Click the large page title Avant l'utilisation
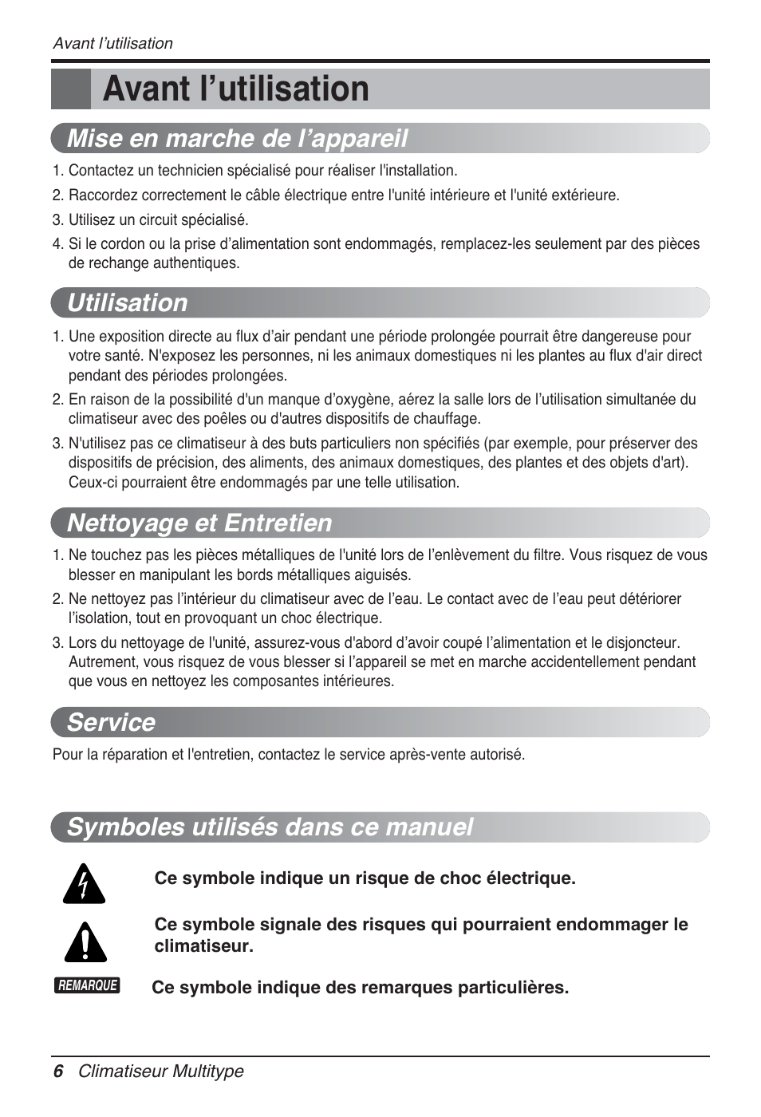pos(235,89)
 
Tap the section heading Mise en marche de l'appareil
pos(237,138)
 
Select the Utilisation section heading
pos(128,302)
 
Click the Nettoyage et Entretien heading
pos(199,523)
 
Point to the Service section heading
pos(111,722)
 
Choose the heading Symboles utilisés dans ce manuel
pos(270,827)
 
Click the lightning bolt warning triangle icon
pos(85,884)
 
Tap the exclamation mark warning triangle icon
pos(85,941)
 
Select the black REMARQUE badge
pos(88,985)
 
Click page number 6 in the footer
pos(57,1072)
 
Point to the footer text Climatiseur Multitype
pos(160,1072)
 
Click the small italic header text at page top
pos(112,44)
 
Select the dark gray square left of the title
pos(70,89)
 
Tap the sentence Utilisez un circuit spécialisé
pos(158,220)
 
